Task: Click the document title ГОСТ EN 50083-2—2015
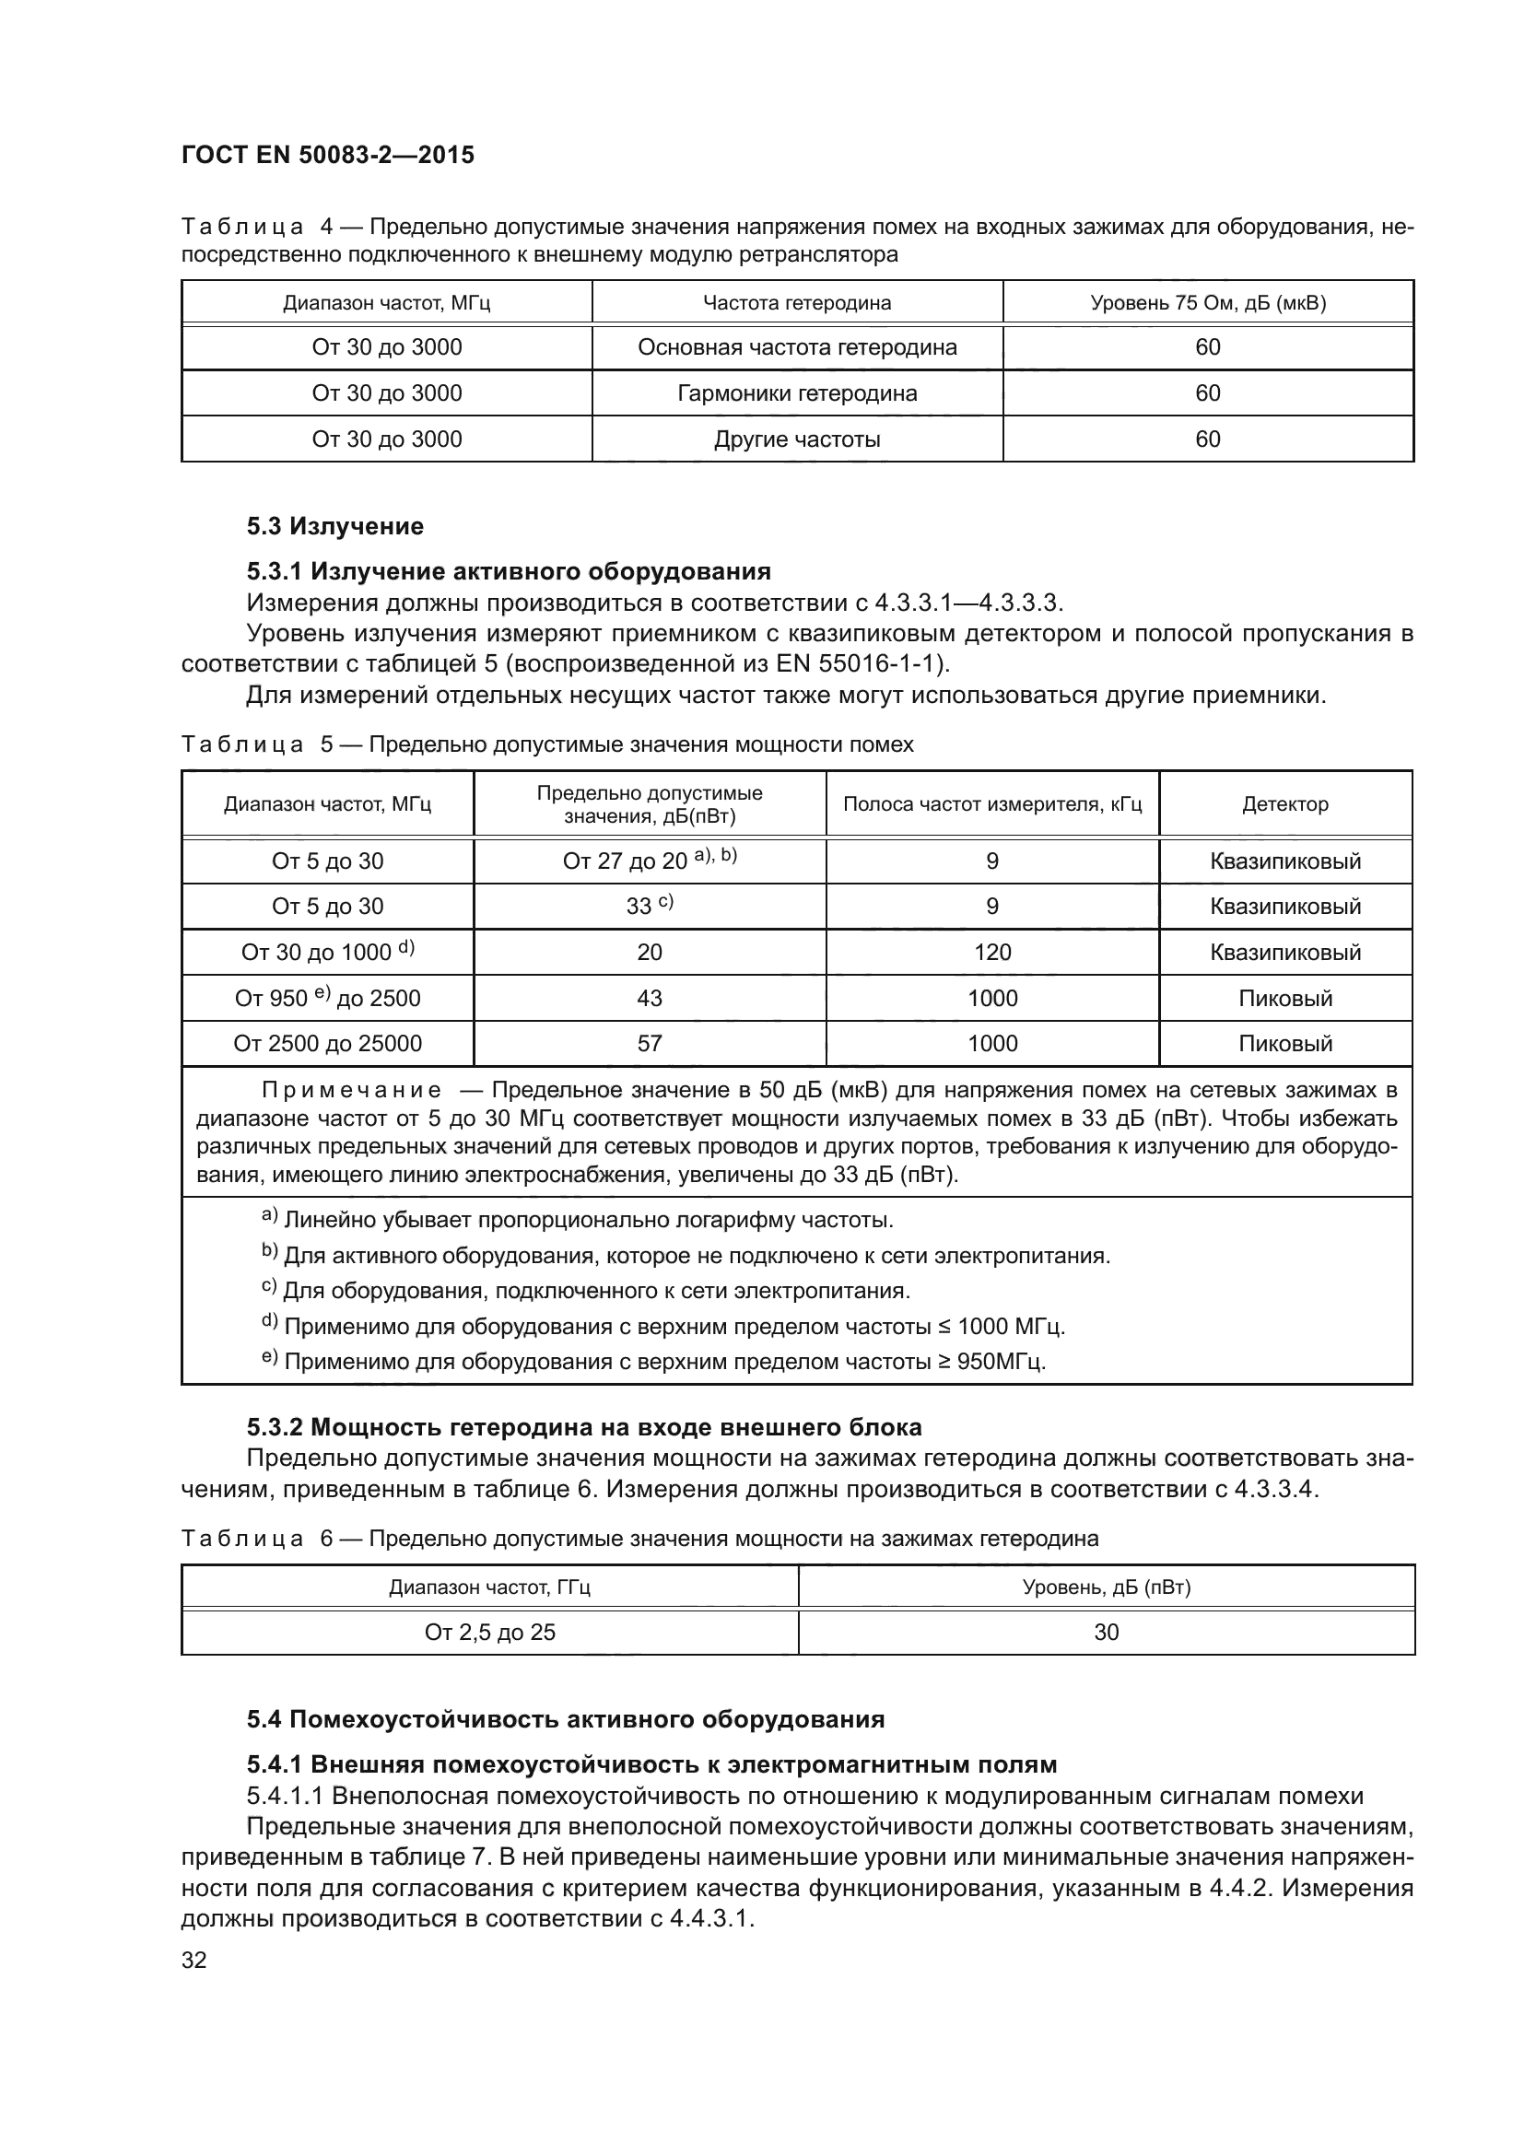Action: coord(327,155)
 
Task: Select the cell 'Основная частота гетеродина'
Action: coord(797,347)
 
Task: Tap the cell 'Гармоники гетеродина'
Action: coord(797,393)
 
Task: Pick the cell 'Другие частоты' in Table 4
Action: coord(797,439)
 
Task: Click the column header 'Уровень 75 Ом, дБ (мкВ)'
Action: coord(1208,303)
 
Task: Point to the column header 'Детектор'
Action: coord(1284,804)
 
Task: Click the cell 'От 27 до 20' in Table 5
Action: coord(649,861)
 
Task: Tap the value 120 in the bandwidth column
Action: coord(992,953)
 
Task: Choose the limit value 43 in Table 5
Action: coord(650,998)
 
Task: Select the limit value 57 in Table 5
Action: coord(650,1044)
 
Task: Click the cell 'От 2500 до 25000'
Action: coord(327,1044)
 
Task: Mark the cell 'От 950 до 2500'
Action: coord(327,998)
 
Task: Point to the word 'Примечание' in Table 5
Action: coord(351,1091)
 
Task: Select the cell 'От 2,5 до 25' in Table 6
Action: coord(490,1633)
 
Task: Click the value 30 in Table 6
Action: coord(1107,1633)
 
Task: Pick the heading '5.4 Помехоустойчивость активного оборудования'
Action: coord(565,1719)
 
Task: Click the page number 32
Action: coord(194,1960)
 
